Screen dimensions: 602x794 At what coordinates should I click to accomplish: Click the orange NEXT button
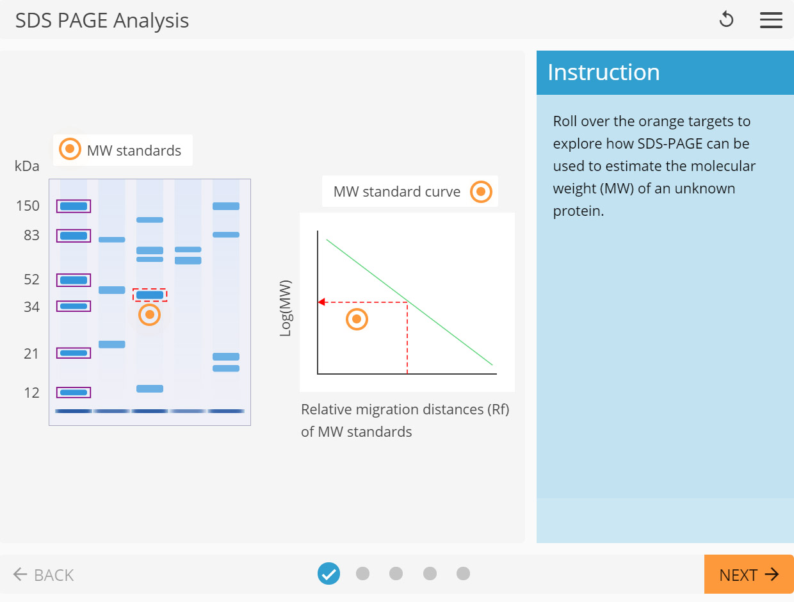749,574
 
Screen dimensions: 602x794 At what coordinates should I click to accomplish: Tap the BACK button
44,574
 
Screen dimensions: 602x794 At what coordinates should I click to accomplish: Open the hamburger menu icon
771,20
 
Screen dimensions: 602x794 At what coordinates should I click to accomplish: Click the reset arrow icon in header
726,20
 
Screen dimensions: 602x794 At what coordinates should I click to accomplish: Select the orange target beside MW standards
70,149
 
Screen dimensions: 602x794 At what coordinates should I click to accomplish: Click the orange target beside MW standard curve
481,191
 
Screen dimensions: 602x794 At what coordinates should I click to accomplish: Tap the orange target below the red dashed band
149,314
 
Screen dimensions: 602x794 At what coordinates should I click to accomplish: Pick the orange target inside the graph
357,319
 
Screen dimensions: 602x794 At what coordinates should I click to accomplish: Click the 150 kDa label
28,206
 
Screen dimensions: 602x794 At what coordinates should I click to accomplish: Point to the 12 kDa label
31,393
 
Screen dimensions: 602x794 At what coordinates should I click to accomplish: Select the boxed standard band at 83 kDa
74,236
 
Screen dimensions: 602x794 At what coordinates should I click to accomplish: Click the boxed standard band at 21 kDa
74,353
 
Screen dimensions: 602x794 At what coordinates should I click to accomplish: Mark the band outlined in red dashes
150,295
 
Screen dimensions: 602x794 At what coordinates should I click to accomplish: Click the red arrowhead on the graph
322,302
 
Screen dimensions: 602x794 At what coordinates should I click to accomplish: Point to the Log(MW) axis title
286,308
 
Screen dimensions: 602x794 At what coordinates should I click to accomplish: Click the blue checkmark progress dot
328,574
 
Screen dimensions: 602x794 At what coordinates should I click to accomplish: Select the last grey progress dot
463,574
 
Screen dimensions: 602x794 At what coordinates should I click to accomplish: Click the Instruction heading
603,72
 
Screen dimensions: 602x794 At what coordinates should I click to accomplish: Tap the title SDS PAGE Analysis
102,20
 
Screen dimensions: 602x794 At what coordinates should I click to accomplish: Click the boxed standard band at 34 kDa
74,306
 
